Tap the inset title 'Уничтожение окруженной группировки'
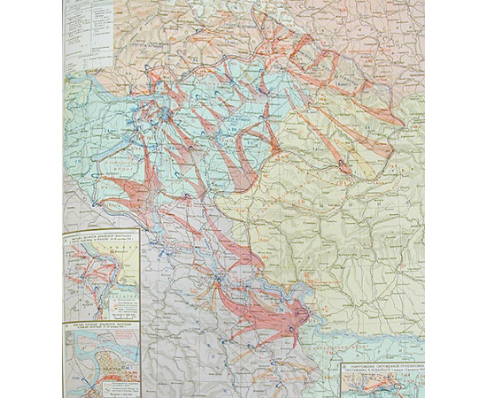point(381,365)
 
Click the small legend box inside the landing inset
point(120,301)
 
